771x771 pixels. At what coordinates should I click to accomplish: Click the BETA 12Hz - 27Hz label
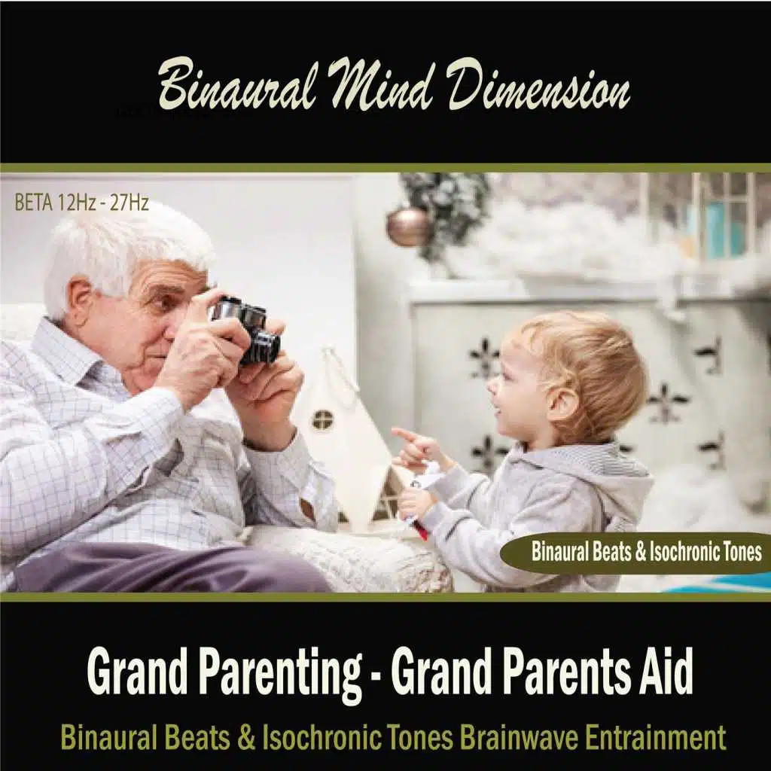point(81,203)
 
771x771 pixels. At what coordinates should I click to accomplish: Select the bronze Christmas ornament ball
point(408,227)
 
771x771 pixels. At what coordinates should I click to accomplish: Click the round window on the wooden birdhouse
point(322,419)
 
